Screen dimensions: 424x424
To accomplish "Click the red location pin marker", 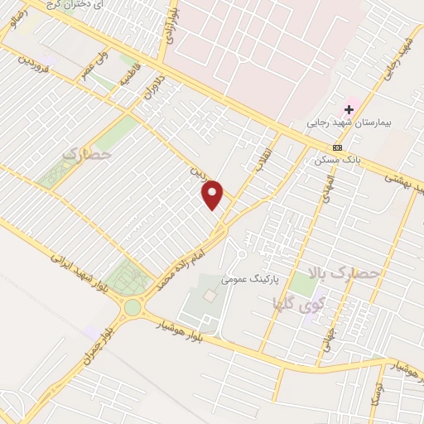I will point(214,193).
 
